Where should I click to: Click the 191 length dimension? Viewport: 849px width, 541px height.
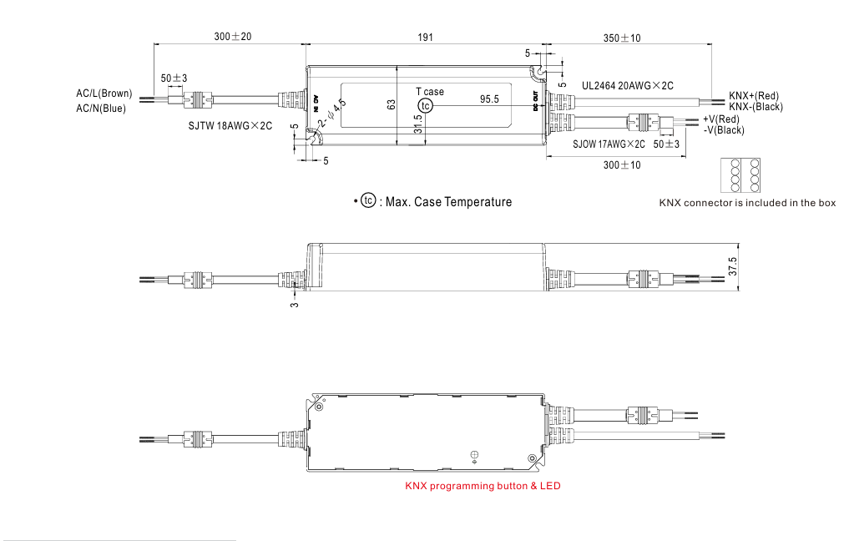[x=424, y=37]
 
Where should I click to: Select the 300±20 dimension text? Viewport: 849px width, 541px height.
[x=232, y=37]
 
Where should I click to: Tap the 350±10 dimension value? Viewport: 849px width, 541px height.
[x=622, y=37]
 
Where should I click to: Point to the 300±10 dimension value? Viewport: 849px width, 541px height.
[x=622, y=164]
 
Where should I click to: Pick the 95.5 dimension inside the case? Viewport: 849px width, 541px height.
[x=489, y=99]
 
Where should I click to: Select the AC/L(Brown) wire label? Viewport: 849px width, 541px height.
[x=104, y=94]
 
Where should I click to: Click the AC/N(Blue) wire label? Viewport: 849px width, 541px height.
[x=101, y=108]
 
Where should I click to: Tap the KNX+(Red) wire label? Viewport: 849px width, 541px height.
[x=754, y=96]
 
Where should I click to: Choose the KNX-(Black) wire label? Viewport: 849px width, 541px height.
[x=756, y=107]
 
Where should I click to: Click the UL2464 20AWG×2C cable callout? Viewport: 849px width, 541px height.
[x=627, y=85]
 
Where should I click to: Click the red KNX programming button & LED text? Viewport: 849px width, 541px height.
[x=483, y=486]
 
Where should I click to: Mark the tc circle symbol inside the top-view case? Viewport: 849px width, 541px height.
[x=426, y=105]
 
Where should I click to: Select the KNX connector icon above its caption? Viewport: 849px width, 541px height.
[x=740, y=177]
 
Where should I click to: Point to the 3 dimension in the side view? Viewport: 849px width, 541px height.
[x=294, y=306]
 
